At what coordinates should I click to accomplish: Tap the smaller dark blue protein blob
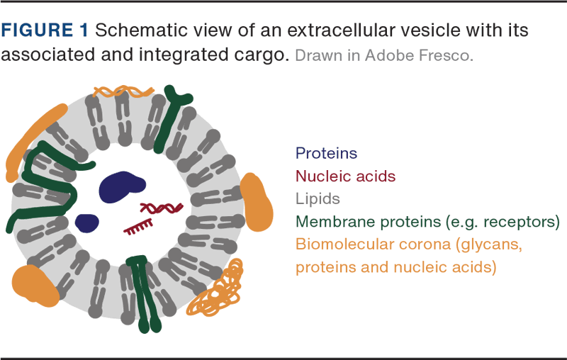click(87, 223)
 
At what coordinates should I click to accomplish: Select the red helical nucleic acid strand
click(162, 208)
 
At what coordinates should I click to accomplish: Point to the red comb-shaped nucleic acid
click(138, 227)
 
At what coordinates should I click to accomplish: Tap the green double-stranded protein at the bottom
click(145, 293)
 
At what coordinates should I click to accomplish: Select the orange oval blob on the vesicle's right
click(256, 202)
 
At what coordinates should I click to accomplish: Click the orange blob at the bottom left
click(35, 286)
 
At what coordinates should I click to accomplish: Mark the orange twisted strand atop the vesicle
click(123, 92)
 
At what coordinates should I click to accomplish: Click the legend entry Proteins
click(326, 153)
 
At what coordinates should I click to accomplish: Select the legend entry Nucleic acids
click(345, 176)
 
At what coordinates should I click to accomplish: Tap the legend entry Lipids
click(318, 199)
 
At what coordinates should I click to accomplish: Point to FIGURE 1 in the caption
click(45, 30)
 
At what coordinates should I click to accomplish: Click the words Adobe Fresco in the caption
click(419, 56)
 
